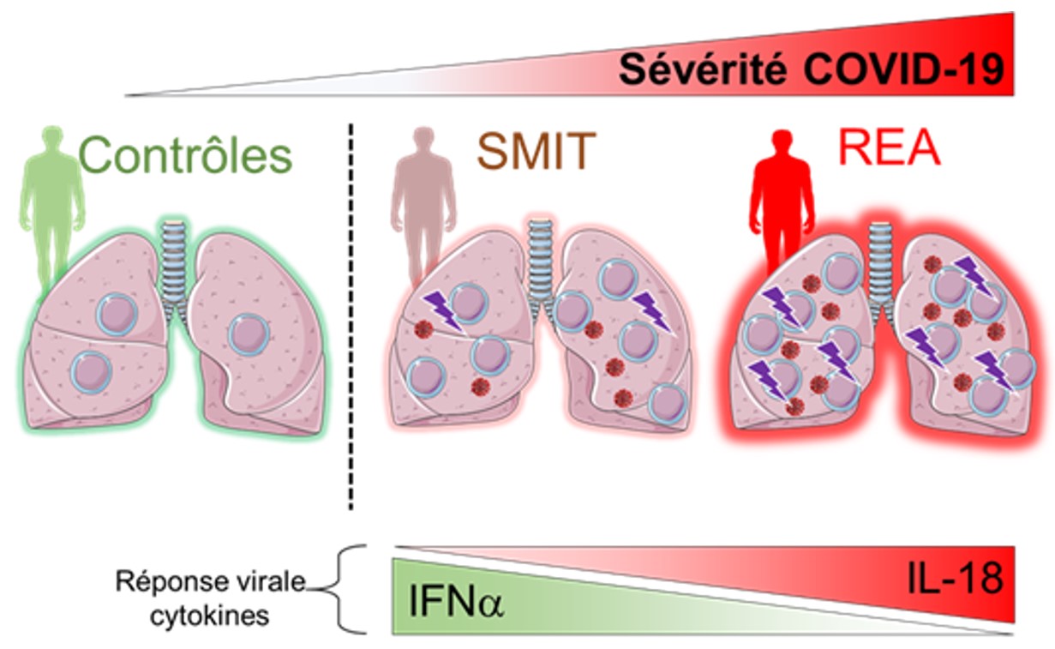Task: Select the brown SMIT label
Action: [536, 152]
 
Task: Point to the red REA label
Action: [888, 148]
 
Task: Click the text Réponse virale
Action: [211, 582]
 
